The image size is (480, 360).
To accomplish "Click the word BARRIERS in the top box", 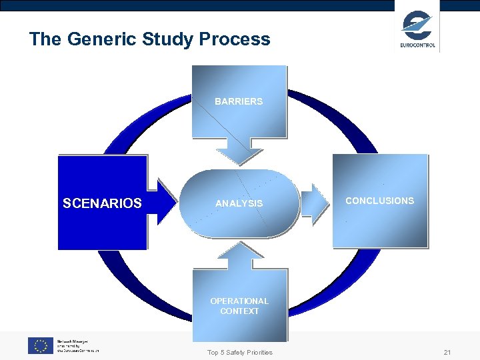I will (239, 101).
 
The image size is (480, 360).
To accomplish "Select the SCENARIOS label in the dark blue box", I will (102, 203).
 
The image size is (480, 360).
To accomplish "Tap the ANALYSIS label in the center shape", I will (239, 203).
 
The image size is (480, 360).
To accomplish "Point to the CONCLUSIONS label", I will (379, 201).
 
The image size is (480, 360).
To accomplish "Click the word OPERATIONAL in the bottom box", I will (239, 301).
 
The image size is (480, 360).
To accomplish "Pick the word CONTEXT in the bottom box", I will (239, 311).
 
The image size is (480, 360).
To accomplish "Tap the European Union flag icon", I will (40, 345).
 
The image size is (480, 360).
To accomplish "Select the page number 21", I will (447, 352).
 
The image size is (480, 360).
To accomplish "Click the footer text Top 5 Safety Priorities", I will (240, 352).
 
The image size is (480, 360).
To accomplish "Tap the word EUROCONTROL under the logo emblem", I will (418, 45).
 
